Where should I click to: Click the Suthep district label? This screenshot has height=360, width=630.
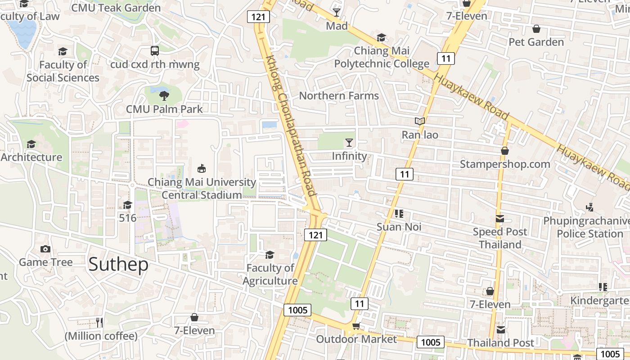click(x=118, y=265)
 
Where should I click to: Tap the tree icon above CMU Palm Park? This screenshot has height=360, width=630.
click(x=164, y=95)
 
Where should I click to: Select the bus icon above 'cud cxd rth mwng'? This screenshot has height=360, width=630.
click(x=155, y=50)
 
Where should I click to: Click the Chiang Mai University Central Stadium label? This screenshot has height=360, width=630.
click(x=202, y=189)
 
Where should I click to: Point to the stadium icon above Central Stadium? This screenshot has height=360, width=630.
click(x=202, y=169)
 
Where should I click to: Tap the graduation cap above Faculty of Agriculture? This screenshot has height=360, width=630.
click(x=270, y=255)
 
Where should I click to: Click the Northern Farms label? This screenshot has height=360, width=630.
click(x=339, y=96)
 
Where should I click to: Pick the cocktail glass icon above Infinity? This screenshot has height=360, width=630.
click(x=349, y=143)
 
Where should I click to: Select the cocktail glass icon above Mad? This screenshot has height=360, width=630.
click(x=337, y=12)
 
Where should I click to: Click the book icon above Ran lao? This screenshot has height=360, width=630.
click(x=420, y=121)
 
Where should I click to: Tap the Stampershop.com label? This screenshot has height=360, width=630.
click(x=505, y=164)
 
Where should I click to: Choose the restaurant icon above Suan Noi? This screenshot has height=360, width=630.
click(x=399, y=213)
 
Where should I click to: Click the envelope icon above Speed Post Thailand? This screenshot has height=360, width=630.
click(x=500, y=219)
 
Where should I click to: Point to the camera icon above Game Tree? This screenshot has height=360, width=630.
click(x=45, y=249)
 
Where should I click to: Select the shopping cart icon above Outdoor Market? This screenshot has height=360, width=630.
click(x=356, y=326)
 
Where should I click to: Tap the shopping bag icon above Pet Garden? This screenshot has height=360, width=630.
click(x=536, y=29)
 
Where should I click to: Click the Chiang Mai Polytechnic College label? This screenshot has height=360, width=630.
click(x=382, y=57)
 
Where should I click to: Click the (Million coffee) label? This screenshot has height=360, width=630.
click(x=101, y=336)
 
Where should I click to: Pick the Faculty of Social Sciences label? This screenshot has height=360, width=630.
click(x=63, y=71)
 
